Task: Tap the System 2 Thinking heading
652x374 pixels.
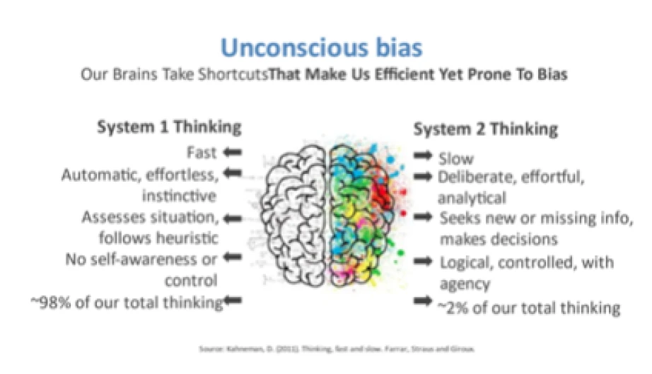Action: (x=485, y=129)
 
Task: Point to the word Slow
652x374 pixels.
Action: (x=456, y=158)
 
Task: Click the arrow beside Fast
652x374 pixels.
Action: (x=233, y=151)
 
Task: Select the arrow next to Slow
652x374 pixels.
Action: (x=424, y=156)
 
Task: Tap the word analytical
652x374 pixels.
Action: (x=472, y=197)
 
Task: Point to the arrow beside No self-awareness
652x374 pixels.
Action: (x=233, y=258)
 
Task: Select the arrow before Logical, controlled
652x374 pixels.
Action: (x=424, y=262)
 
